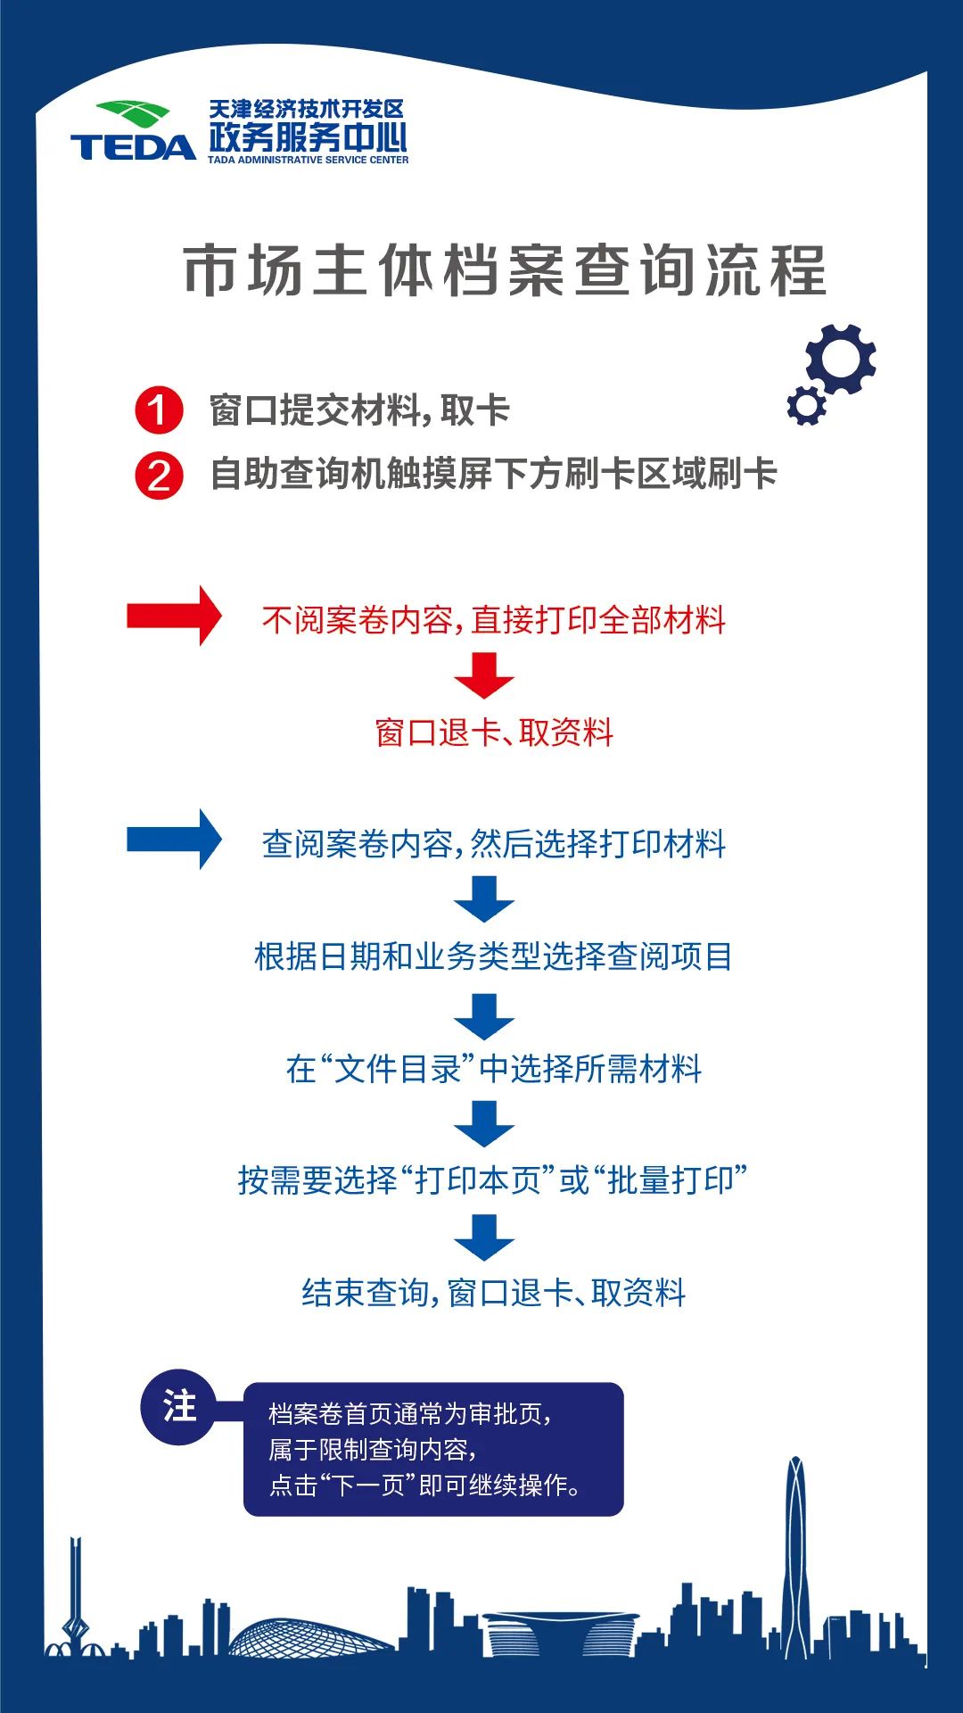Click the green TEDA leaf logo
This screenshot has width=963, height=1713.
tap(133, 114)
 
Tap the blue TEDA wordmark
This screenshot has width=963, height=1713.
tap(133, 147)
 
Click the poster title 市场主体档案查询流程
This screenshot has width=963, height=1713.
tap(505, 270)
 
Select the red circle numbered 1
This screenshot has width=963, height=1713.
tap(159, 410)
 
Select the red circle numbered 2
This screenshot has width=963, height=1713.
tap(159, 476)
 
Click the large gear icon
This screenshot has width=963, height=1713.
tap(841, 359)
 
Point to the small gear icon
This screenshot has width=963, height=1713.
tap(806, 406)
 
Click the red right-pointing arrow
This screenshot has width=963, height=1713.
tap(174, 616)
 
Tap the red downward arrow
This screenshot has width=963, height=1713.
tap(484, 675)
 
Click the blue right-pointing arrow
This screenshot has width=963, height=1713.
tap(174, 839)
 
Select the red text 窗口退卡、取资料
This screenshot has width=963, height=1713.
tap(494, 732)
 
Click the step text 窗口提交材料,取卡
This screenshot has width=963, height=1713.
tap(359, 410)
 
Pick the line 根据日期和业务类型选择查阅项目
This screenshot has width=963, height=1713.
tap(493, 956)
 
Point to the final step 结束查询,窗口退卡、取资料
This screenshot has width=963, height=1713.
tap(494, 1292)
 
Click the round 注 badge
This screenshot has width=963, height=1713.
tap(179, 1407)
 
